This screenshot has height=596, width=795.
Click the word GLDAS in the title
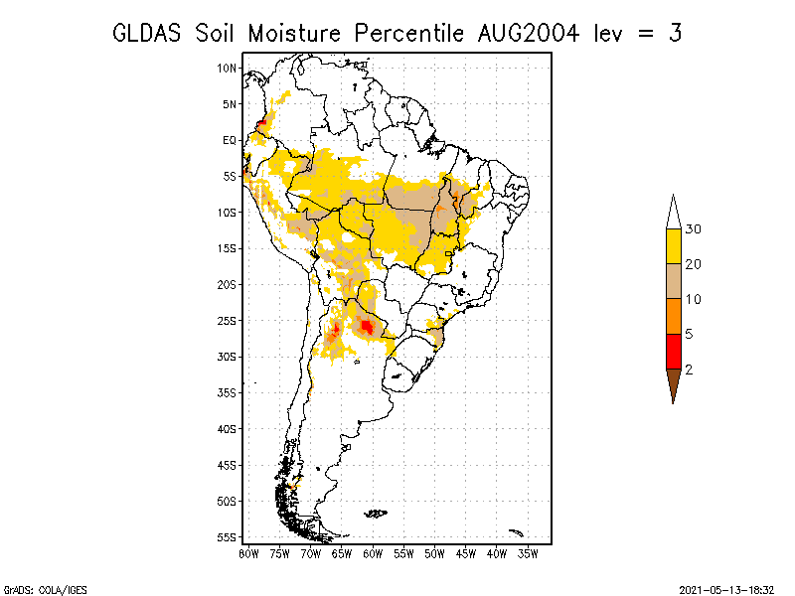pyautogui.click(x=146, y=34)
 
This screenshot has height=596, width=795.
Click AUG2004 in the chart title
pyautogui.click(x=529, y=34)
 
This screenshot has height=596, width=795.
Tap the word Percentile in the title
pyautogui.click(x=408, y=34)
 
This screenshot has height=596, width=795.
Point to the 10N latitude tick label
pyautogui.click(x=227, y=68)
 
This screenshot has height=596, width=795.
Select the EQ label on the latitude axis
pyautogui.click(x=230, y=140)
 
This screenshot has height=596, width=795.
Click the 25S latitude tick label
pyautogui.click(x=227, y=321)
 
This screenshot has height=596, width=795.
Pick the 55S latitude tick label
pyautogui.click(x=227, y=537)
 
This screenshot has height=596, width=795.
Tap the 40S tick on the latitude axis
pyautogui.click(x=227, y=429)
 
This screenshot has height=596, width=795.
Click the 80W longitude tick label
pyautogui.click(x=248, y=554)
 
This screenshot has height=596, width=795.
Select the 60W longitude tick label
pyautogui.click(x=373, y=554)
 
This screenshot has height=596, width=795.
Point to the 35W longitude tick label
pyautogui.click(x=528, y=554)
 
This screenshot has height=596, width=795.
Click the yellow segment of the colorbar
pyautogui.click(x=674, y=246)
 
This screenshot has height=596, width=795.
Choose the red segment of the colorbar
pyautogui.click(x=674, y=352)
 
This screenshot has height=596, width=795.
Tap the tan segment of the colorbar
pyautogui.click(x=674, y=281)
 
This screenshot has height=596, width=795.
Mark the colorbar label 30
pyautogui.click(x=693, y=229)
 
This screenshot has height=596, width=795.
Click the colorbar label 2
pyautogui.click(x=689, y=370)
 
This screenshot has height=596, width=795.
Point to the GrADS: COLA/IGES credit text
pyautogui.click(x=46, y=590)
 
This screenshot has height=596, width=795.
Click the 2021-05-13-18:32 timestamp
pyautogui.click(x=726, y=590)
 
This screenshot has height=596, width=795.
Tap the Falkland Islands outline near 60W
pyautogui.click(x=376, y=514)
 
